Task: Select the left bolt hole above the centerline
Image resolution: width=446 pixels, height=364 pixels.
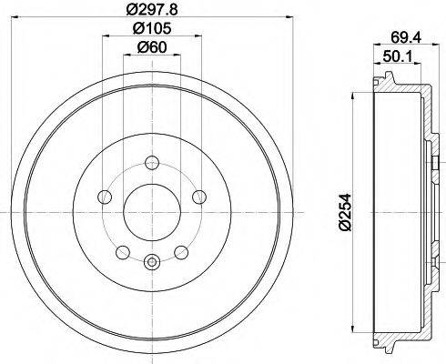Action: pos(106,197)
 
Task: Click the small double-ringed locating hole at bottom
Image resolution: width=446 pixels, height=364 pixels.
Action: pos(151,263)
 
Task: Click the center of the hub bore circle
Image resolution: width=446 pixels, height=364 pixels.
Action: pos(151,214)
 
